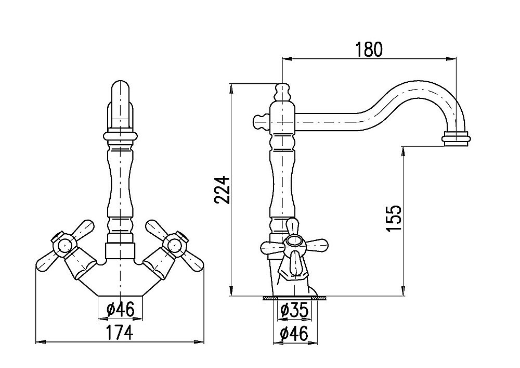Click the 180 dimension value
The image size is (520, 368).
(x=369, y=49)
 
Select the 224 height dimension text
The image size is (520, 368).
(x=222, y=190)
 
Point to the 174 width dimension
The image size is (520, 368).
(x=120, y=333)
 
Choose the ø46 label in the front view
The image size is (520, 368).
(x=121, y=310)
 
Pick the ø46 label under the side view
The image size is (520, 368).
(x=294, y=334)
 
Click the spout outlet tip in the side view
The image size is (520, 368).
(x=457, y=138)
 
